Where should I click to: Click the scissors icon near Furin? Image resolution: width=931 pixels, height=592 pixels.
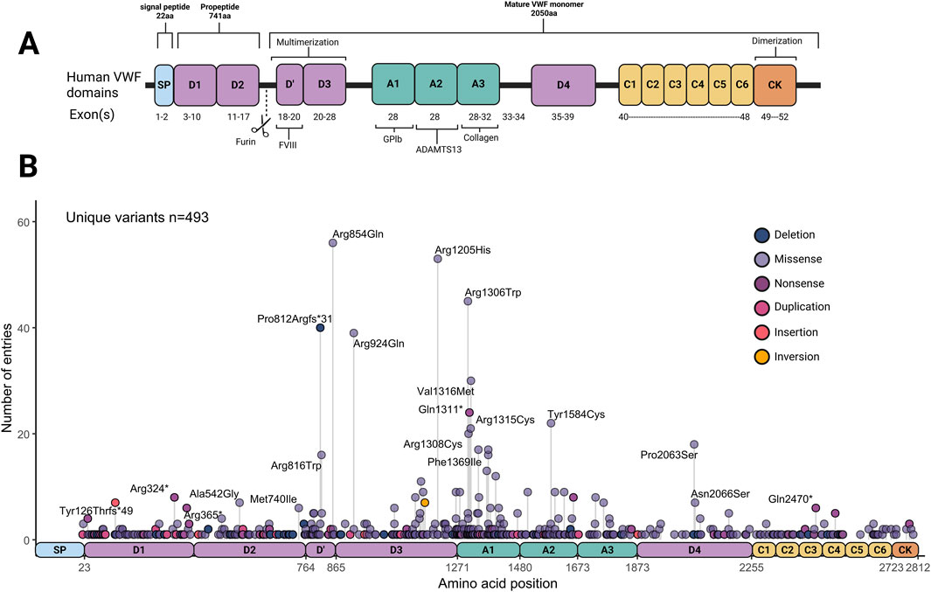(x=260, y=129)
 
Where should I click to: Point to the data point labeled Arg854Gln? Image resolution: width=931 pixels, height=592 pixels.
(x=333, y=243)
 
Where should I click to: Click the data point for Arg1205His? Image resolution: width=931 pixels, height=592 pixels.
(x=438, y=259)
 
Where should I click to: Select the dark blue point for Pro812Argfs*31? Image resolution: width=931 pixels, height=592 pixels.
(x=320, y=328)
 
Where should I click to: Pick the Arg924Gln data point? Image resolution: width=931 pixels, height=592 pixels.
(x=354, y=333)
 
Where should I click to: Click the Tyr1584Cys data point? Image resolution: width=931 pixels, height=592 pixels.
(x=551, y=423)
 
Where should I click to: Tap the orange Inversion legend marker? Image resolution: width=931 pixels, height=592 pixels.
(x=761, y=356)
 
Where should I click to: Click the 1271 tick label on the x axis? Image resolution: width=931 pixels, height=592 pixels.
(x=457, y=568)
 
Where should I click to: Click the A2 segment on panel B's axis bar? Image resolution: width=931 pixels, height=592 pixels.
(x=548, y=549)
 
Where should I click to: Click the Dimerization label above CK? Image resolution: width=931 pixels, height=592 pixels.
(x=784, y=41)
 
